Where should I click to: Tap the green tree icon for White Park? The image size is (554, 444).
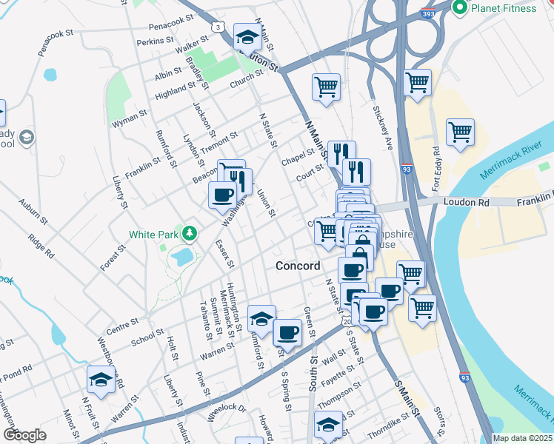191,235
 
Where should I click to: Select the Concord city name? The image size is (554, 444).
298,266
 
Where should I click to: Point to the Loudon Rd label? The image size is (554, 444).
464,201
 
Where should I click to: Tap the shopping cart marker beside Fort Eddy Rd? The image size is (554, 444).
460,133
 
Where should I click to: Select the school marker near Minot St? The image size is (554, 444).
101,380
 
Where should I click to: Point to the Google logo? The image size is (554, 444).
24,435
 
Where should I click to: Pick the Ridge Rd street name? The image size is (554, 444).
41,246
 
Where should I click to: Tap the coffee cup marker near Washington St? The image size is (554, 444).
222,196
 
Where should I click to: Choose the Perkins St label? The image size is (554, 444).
154,41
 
